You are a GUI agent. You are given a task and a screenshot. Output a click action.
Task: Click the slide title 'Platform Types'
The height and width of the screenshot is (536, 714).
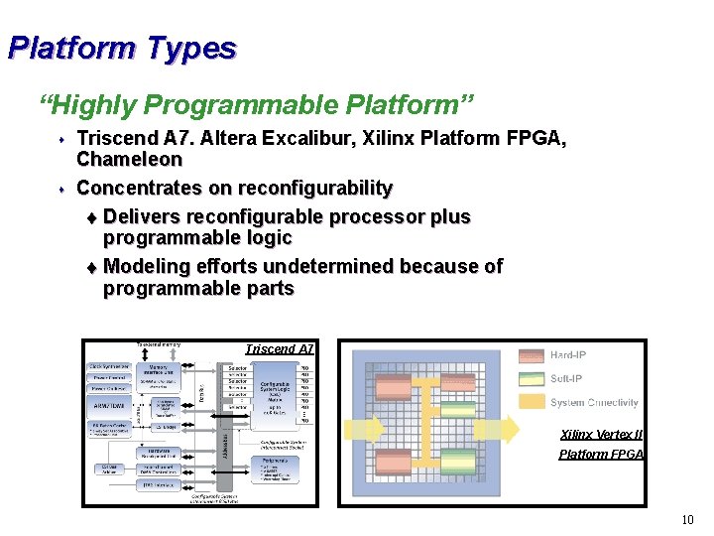click(122, 48)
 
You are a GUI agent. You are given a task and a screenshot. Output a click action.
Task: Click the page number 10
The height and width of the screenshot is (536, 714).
click(687, 520)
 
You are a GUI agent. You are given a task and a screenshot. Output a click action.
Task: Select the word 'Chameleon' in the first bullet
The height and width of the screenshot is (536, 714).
click(129, 159)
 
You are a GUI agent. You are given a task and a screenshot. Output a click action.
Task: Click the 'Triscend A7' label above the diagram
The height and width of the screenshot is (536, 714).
click(280, 348)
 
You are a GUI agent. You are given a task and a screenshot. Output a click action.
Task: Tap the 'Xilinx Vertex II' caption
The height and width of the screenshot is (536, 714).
click(601, 435)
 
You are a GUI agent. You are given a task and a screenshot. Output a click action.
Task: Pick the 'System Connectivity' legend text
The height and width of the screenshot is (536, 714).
click(594, 403)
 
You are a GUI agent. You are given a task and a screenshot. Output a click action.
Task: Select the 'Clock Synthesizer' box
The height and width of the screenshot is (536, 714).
click(111, 366)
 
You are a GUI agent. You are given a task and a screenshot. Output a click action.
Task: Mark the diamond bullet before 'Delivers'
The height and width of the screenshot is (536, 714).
click(92, 217)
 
